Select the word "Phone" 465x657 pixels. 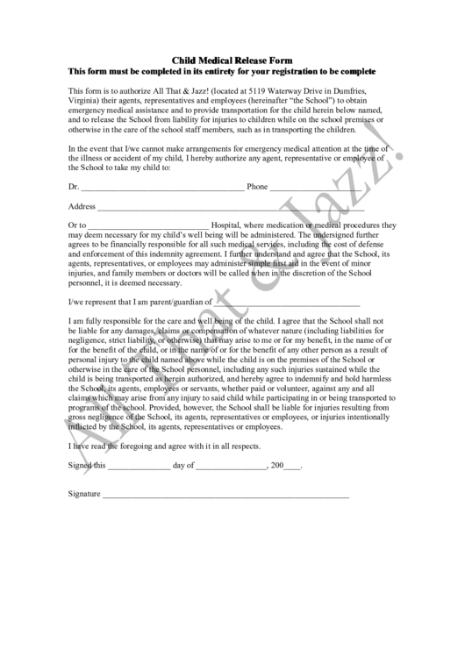pyautogui.click(x=257, y=187)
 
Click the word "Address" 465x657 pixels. pyautogui.click(x=81, y=207)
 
